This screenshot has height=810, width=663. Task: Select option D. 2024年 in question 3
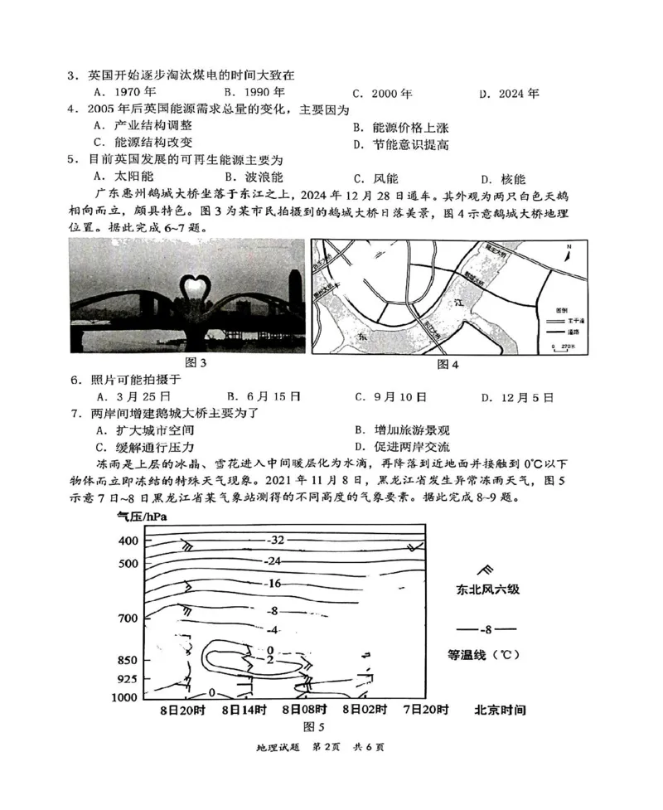(x=509, y=94)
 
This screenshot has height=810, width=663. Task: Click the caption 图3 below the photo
(x=196, y=363)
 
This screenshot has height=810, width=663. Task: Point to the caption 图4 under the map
(x=447, y=364)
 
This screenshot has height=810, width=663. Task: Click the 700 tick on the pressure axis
(x=127, y=618)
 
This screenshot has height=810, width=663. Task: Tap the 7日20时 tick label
(x=425, y=710)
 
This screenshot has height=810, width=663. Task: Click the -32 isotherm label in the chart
(x=276, y=540)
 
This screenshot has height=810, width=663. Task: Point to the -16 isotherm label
(x=275, y=584)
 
